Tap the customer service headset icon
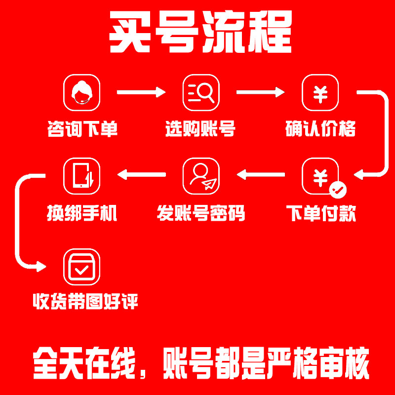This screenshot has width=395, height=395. (82, 92)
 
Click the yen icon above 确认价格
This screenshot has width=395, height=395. (320, 92)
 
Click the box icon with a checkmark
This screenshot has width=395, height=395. (82, 267)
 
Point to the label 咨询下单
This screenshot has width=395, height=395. (82, 129)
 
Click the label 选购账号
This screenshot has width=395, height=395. (200, 129)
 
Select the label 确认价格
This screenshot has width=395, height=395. (320, 129)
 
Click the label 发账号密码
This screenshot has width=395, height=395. (201, 214)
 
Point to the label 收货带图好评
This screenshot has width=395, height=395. (85, 301)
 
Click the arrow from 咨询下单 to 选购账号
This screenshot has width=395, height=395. (141, 92)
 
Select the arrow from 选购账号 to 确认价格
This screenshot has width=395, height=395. (260, 92)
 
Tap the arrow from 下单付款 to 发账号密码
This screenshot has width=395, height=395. (260, 174)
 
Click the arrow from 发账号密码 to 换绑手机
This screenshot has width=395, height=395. (141, 174)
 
